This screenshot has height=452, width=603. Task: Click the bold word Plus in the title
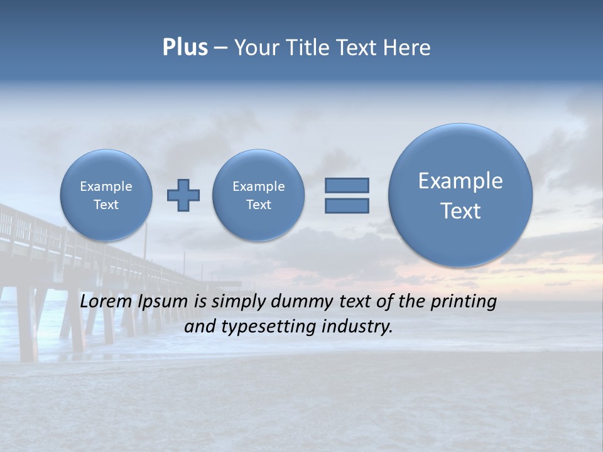185,48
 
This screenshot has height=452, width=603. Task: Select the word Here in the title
408,48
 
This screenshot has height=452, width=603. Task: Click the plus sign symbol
183,195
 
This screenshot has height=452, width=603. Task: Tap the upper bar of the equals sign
347,185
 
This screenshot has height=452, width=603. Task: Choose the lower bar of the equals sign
347,206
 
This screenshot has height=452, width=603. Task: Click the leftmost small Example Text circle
106,195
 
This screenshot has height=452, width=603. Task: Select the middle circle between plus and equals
258,195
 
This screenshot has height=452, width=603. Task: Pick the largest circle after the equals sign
460,195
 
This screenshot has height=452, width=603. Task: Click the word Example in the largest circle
460,181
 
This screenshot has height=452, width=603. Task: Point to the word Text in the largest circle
460,211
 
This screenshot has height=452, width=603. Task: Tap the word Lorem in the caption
104,301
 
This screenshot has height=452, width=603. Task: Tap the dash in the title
220,48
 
